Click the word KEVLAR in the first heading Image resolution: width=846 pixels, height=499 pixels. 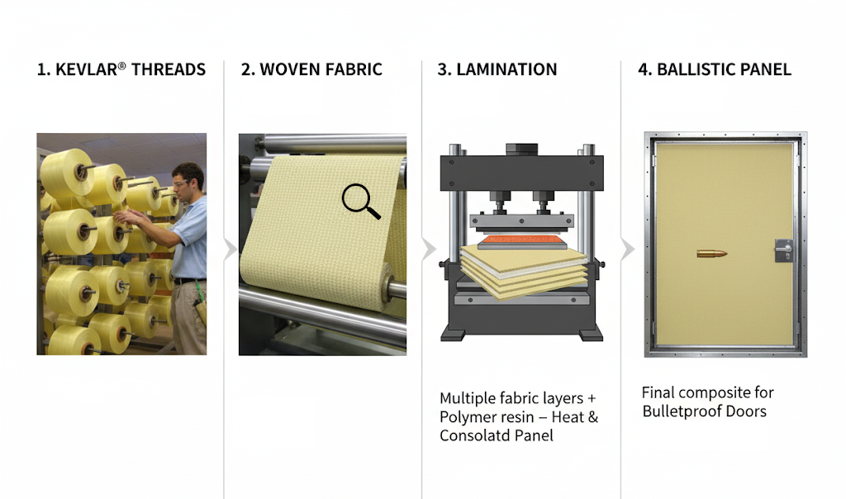click(x=86, y=69)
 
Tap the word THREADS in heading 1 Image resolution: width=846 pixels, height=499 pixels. click(x=169, y=69)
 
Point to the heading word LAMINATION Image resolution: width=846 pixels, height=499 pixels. click(x=506, y=69)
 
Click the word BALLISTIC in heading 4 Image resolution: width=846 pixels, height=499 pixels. click(x=692, y=69)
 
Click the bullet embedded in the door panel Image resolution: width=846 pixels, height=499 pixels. click(x=711, y=254)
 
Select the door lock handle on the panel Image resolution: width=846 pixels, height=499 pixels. click(x=784, y=250)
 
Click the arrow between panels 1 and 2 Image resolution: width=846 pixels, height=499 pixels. click(x=231, y=249)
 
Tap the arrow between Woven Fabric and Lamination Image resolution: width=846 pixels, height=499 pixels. click(x=429, y=249)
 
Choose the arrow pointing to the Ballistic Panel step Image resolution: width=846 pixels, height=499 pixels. click(x=628, y=249)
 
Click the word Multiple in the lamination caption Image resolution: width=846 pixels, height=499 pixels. click(x=468, y=399)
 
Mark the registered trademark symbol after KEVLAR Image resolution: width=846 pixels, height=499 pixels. click(x=122, y=66)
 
